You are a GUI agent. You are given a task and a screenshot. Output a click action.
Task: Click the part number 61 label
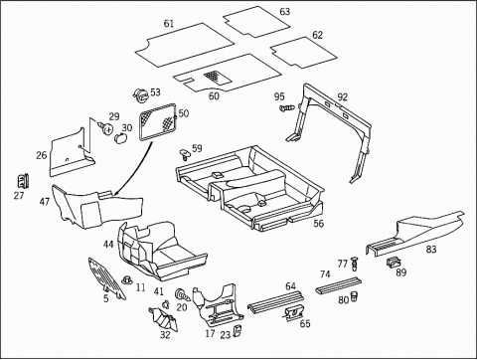click(169, 24)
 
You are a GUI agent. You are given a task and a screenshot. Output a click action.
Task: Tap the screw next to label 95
click(286, 108)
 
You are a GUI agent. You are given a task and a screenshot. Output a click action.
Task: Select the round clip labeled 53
click(141, 95)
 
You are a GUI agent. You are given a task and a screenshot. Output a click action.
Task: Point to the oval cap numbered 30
click(120, 137)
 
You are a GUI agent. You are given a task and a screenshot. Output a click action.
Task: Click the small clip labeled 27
click(23, 181)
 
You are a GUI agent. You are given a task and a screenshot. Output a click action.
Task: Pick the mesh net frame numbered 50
click(158, 121)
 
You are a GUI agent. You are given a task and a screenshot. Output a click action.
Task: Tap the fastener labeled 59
click(185, 154)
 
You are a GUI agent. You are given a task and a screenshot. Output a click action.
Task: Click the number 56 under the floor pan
click(318, 223)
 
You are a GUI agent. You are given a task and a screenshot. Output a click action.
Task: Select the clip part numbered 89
click(394, 263)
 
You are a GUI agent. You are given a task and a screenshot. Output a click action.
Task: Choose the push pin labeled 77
click(355, 262)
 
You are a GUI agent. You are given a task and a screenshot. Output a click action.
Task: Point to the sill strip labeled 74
click(338, 284)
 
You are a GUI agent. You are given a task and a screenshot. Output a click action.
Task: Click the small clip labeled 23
click(238, 330)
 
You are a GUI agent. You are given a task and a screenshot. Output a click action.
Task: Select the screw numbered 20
click(182, 294)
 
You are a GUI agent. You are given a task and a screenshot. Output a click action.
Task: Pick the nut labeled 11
click(126, 280)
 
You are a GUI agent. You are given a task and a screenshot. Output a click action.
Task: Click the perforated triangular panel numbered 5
click(106, 277)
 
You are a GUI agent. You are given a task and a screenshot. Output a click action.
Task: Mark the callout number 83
click(431, 249)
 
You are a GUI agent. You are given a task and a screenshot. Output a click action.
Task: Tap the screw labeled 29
click(105, 127)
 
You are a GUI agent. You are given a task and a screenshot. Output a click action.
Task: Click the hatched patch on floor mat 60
click(218, 77)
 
